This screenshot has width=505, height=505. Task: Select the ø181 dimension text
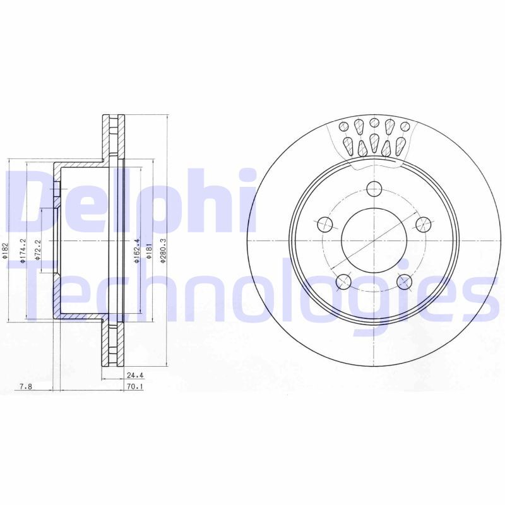point(149,251)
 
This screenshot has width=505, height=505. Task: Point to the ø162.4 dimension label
point(136,251)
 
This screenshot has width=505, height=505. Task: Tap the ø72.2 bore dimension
point(38,250)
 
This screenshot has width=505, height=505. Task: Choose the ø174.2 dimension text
point(22,250)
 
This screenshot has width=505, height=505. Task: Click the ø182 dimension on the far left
point(4,251)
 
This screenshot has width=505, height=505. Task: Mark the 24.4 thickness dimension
point(133,373)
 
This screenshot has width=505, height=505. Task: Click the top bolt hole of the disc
point(374,188)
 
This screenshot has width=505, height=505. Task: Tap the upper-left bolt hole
point(324,223)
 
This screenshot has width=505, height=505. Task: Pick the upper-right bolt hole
point(424,223)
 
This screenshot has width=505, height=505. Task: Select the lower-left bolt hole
point(343,281)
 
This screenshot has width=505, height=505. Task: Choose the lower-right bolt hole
point(405,281)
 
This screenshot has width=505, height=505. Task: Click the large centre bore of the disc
point(374,240)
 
